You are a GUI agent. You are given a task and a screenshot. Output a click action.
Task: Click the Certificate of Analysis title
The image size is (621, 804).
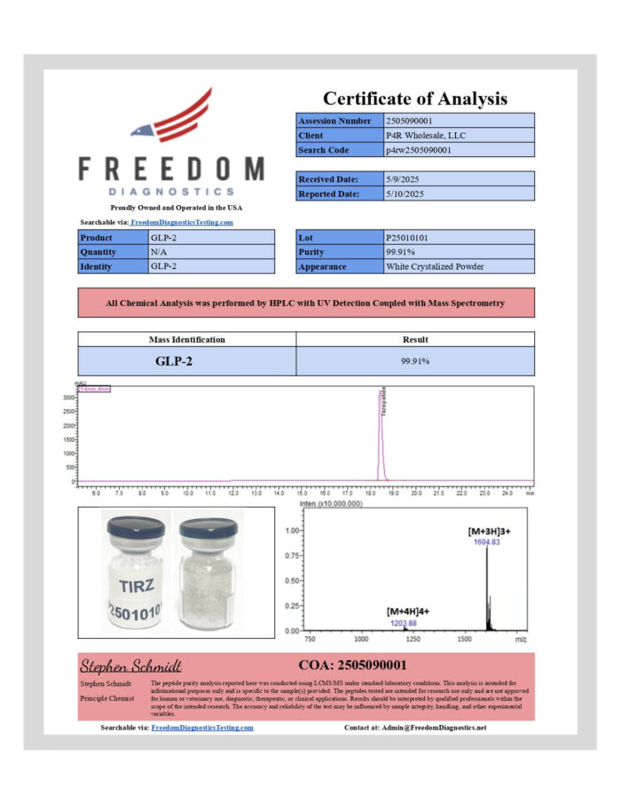click(x=414, y=99)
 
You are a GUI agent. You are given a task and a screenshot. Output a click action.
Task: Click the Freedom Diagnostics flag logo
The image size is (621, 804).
click(x=173, y=116)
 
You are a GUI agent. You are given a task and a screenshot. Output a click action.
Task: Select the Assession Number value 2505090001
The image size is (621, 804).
click(x=410, y=121)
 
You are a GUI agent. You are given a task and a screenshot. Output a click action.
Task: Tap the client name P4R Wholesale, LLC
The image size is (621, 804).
click(x=426, y=136)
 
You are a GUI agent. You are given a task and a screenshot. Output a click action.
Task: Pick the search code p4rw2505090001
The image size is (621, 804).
click(x=419, y=150)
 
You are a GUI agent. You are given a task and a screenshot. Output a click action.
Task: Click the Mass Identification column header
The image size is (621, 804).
click(x=186, y=339)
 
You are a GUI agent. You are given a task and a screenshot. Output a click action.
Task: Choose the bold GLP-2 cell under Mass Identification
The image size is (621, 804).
click(x=186, y=361)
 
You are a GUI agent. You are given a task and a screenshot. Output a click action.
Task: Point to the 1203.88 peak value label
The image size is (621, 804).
click(x=404, y=623)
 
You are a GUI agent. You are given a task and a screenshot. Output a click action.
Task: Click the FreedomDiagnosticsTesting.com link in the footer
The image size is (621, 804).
click(x=202, y=728)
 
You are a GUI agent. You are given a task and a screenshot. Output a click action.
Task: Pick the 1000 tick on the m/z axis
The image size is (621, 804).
click(x=361, y=638)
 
